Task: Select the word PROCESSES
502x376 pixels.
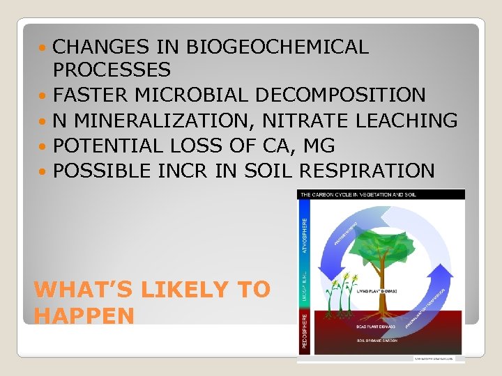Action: [112, 70]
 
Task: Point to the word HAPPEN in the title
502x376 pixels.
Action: [84, 316]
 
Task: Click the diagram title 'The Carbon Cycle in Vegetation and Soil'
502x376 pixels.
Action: [359, 195]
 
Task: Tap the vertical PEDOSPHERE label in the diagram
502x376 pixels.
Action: [303, 330]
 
